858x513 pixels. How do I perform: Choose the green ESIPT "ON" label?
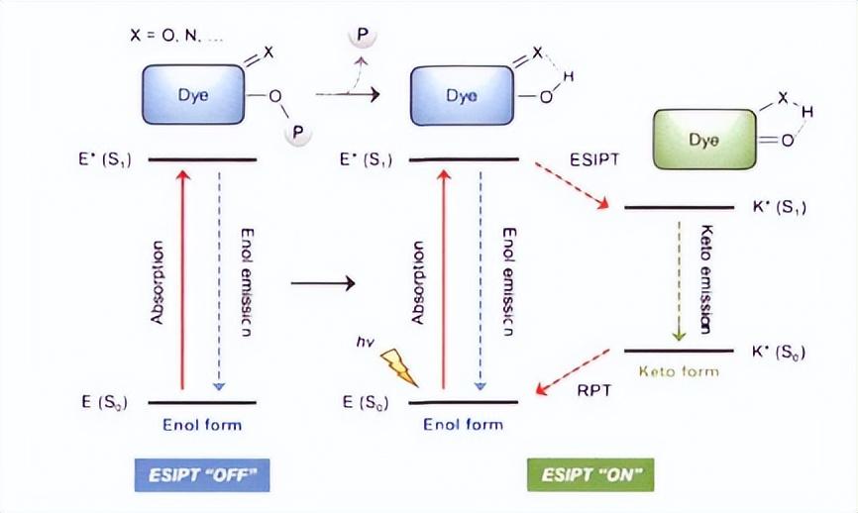[x=590, y=475]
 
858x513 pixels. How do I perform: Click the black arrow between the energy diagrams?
[x=323, y=285]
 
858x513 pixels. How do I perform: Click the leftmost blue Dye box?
[x=192, y=95]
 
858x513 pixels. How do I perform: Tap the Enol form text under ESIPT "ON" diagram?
[x=463, y=425]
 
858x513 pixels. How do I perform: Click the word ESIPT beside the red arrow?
[x=593, y=157]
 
